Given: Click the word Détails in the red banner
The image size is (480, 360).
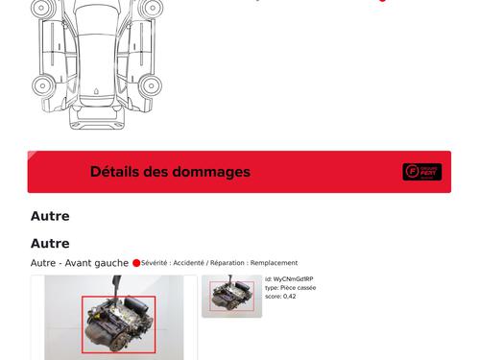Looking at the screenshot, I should (114, 172).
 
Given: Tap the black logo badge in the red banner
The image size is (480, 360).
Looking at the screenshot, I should (421, 172).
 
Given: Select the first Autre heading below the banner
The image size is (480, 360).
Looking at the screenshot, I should (50, 216).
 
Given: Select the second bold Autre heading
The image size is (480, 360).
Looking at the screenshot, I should (50, 244).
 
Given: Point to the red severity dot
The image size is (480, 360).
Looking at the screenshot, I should (136, 263).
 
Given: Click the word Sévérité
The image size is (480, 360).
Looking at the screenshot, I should (156, 263).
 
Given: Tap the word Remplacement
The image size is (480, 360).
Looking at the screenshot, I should (274, 263).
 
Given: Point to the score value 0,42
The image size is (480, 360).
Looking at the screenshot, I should (289, 297).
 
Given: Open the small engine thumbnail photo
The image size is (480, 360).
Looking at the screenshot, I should (231, 297).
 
